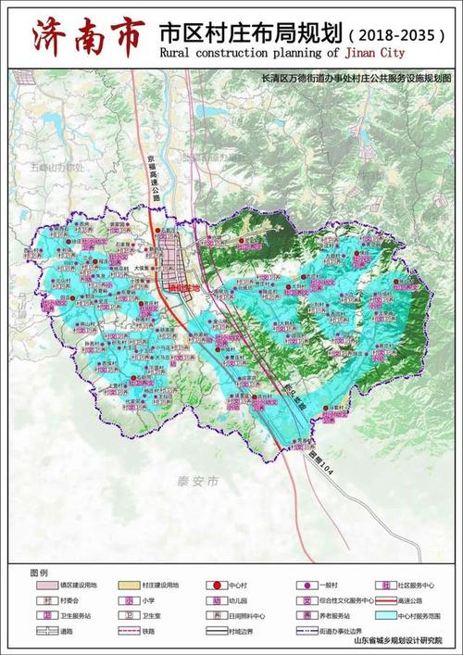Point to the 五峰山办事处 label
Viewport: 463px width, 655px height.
pyautogui.click(x=56, y=167)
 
